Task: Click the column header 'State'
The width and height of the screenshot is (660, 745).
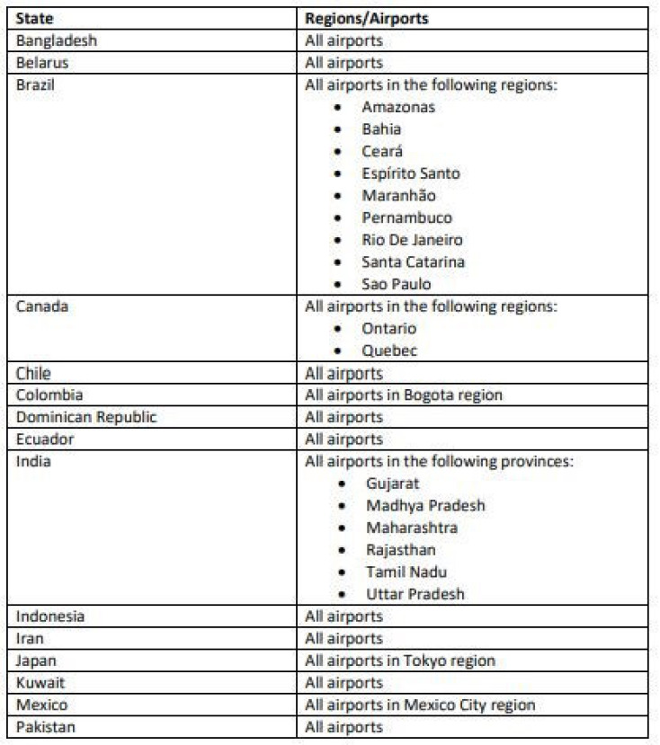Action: click(x=35, y=18)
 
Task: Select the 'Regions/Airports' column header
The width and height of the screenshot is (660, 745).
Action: click(x=366, y=18)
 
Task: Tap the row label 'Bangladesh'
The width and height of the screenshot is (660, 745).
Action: click(x=57, y=40)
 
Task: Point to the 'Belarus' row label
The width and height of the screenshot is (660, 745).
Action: click(x=42, y=63)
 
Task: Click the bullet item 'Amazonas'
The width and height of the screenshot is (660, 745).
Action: click(x=398, y=107)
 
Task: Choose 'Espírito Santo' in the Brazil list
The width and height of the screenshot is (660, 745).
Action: click(x=411, y=173)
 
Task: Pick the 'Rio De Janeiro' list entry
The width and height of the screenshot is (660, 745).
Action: click(x=412, y=240)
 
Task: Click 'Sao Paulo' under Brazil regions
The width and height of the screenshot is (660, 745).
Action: click(x=397, y=284)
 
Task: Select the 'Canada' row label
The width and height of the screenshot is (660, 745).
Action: click(x=42, y=306)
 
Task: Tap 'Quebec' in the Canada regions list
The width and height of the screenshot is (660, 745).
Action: click(x=389, y=350)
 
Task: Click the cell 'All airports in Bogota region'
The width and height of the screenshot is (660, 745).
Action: click(x=404, y=395)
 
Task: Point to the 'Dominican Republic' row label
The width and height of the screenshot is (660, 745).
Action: click(x=86, y=417)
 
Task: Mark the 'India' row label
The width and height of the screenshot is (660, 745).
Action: click(x=33, y=461)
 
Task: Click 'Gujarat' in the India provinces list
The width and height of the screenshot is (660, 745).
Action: click(x=393, y=483)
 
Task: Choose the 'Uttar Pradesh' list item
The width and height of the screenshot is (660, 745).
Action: click(x=415, y=594)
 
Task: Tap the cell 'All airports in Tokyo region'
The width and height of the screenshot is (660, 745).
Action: click(x=400, y=661)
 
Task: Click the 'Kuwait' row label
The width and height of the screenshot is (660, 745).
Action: click(x=40, y=682)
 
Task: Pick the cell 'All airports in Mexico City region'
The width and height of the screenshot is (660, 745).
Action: click(x=420, y=705)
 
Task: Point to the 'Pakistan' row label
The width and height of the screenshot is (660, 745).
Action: click(x=45, y=727)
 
